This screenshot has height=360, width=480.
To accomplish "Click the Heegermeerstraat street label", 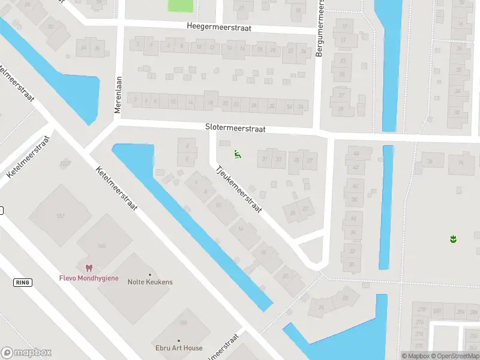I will pyautogui.click(x=218, y=27).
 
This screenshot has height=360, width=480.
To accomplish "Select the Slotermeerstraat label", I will pyautogui.click(x=235, y=128).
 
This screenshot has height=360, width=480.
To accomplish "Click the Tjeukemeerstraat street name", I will pyautogui.click(x=239, y=189).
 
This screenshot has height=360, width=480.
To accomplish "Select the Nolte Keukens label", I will pyautogui.click(x=150, y=282).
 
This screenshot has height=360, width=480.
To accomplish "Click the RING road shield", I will pyautogui.click(x=22, y=282).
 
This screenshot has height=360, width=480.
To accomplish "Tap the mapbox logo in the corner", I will pyautogui.click(x=26, y=353).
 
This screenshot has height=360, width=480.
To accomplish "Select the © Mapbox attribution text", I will pyautogui.click(x=416, y=356).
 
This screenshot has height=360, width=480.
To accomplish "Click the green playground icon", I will pyautogui.click(x=238, y=155).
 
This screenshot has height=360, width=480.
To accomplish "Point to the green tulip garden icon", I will pyautogui.click(x=454, y=239).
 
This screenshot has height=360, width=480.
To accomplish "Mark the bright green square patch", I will pyautogui.click(x=181, y=5).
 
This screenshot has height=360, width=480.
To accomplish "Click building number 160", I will pyautogui.click(x=101, y=246).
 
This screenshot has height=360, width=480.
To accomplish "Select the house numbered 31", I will pyautogui.click(x=265, y=159).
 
